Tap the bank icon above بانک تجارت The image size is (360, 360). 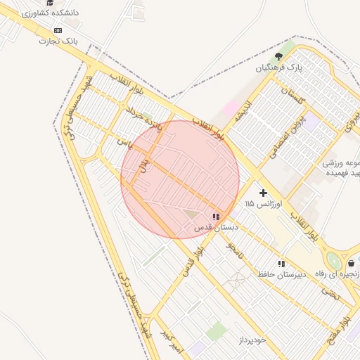point(58,30)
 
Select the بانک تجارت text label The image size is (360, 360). point(57,41)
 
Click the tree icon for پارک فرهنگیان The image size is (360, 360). point(279,56)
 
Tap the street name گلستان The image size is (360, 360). point(295,98)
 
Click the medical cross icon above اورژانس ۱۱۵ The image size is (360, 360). point(264,192)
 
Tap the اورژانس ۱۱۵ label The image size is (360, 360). point(264,203)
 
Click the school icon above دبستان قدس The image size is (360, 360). point(216,217)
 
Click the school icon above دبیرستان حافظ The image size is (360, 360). point(281,264)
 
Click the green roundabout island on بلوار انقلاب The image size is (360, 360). point(334,262)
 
